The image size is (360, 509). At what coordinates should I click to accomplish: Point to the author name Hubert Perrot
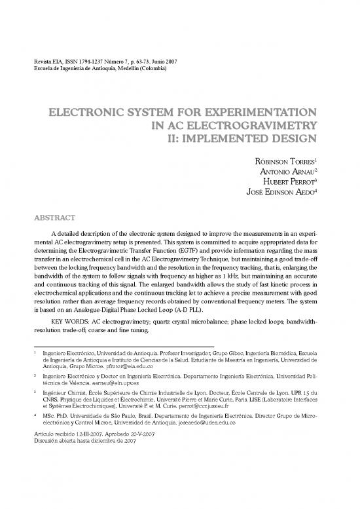(x=288, y=183)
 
